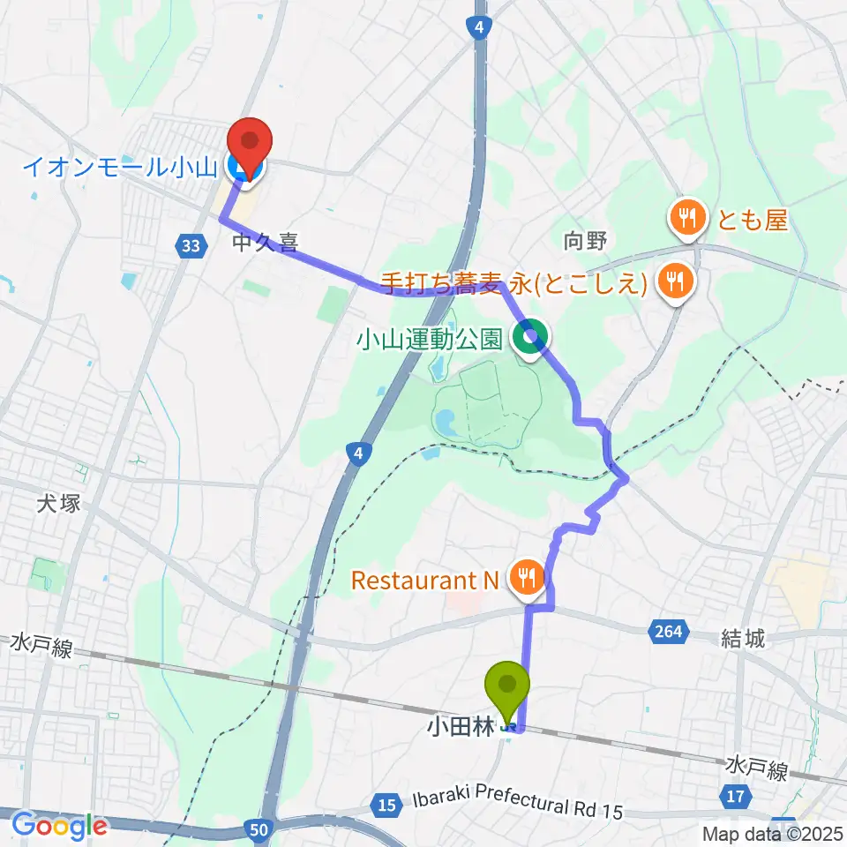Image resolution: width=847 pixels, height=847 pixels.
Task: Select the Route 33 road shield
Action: pos(191,248)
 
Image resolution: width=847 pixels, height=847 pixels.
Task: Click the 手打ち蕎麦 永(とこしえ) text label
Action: pos(517,282)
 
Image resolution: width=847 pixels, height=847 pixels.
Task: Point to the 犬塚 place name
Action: pos(60,505)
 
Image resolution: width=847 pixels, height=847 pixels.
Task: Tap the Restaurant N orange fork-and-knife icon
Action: pos(527,580)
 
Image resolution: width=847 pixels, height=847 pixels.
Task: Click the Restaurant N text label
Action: pos(425,581)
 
